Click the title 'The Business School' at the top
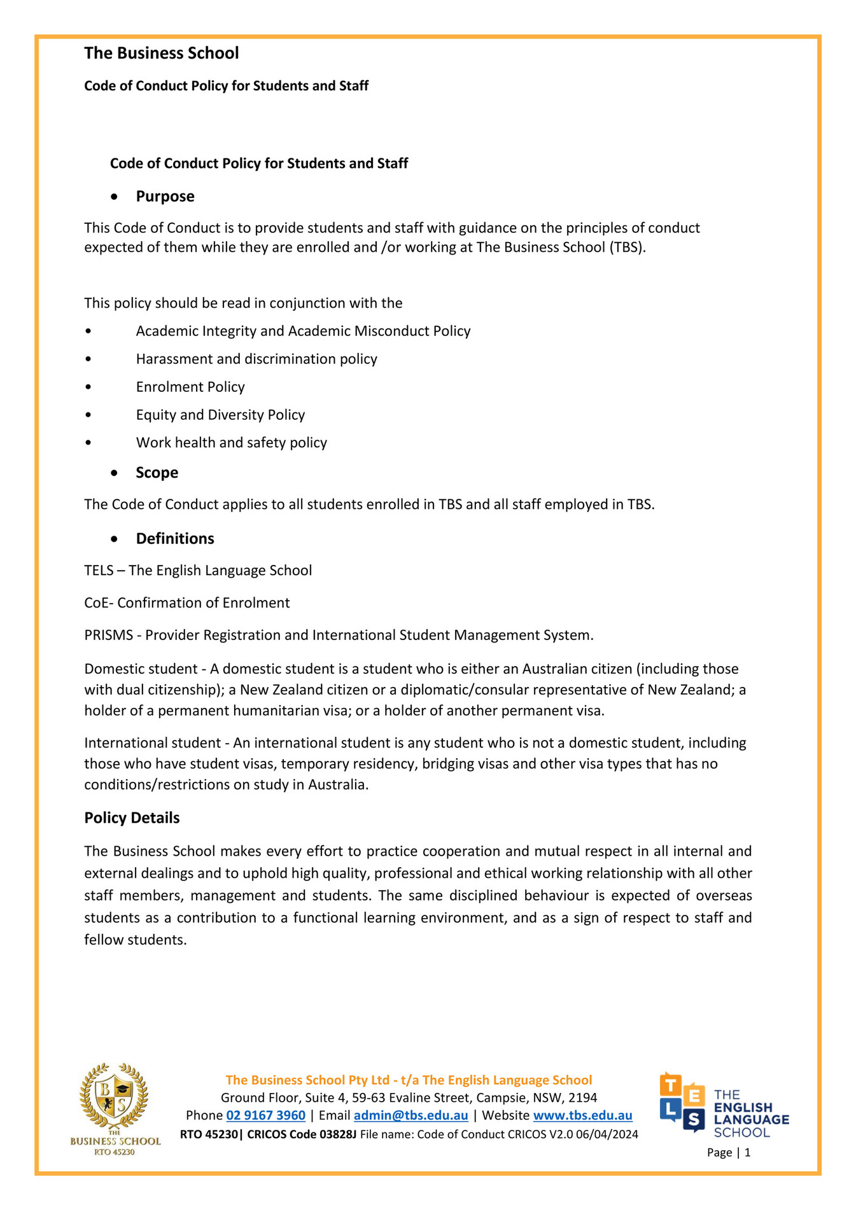click(162, 53)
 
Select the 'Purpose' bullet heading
click(165, 197)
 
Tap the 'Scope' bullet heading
click(157, 473)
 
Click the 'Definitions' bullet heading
click(175, 539)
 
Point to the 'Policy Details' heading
click(132, 818)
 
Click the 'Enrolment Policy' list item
click(190, 387)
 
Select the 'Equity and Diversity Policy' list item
click(220, 415)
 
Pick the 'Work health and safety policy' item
click(231, 443)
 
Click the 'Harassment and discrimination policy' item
click(256, 359)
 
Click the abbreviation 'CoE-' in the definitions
click(99, 603)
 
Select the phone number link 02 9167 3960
click(266, 1116)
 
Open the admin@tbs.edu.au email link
click(410, 1116)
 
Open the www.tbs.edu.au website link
click(582, 1116)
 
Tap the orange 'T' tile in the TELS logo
click(671, 1086)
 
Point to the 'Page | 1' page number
click(729, 1153)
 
